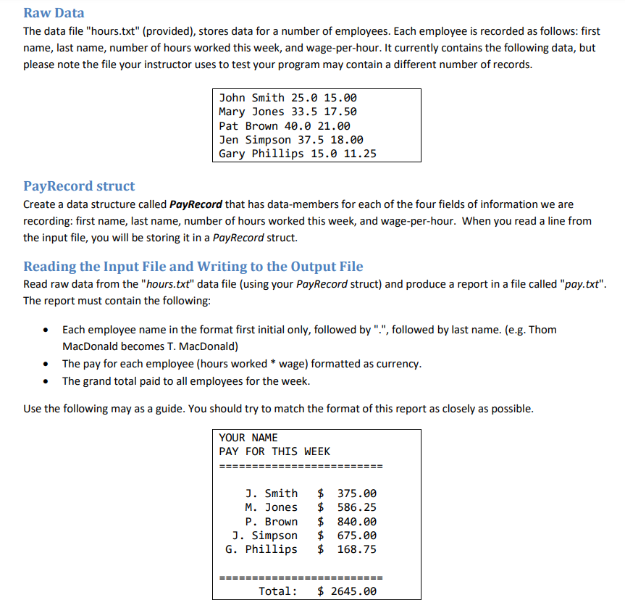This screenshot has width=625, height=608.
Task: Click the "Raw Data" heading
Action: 54,13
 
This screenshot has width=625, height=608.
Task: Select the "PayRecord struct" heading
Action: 79,186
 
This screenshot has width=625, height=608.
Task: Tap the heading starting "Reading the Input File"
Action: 193,266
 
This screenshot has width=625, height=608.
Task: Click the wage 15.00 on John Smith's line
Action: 340,98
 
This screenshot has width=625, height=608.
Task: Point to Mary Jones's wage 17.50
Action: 340,112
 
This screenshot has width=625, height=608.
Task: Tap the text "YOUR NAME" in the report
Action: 248,438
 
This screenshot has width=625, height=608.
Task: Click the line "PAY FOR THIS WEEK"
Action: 274,451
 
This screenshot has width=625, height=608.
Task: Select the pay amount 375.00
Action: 357,494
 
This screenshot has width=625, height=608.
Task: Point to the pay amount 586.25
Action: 357,507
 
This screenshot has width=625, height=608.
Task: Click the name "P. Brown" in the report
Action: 271,522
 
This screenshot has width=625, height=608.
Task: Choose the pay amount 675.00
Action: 357,536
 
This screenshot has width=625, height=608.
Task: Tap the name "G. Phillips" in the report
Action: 261,549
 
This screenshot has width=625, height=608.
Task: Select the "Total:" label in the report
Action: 278,591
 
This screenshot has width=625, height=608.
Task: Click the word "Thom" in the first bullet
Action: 542,330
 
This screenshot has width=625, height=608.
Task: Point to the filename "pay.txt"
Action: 583,284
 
